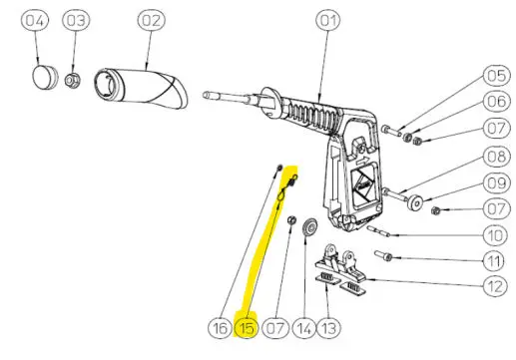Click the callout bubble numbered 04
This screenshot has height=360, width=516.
coord(35,21)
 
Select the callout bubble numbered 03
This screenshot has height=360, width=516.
coord(76,20)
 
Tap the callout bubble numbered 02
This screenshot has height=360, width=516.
coord(151,20)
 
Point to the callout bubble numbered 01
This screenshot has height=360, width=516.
coord(328,21)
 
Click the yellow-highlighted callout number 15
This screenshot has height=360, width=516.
coord(246,328)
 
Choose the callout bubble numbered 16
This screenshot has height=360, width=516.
coord(220,328)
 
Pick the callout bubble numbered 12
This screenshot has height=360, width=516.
coord(495,286)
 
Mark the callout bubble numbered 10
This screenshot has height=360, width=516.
coord(495,235)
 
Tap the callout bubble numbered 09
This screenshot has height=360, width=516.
coord(496,183)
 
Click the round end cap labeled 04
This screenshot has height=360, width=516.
coord(45,77)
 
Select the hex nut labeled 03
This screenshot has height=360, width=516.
coord(73,81)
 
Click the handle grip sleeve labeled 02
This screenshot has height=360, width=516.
coord(141,89)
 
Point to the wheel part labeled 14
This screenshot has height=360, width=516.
coord(309,226)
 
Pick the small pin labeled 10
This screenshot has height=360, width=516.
coord(378,231)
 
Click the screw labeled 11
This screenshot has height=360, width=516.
coord(383,255)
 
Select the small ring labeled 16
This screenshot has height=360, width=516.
coord(279,167)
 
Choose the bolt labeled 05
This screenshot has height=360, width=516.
coord(391,130)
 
